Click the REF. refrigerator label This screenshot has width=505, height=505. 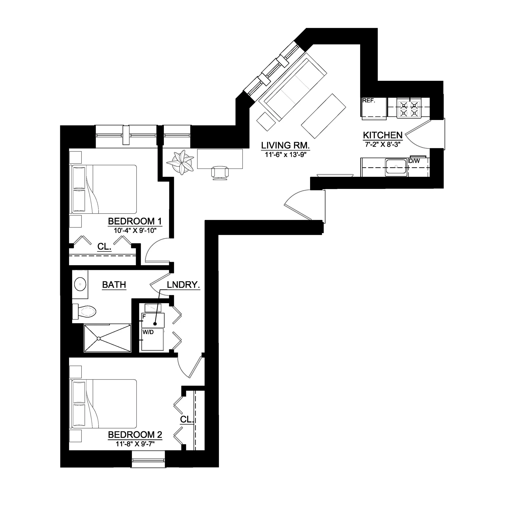point(369,101)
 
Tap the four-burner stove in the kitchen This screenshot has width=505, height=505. point(409,108)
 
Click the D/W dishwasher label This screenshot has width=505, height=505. point(414,161)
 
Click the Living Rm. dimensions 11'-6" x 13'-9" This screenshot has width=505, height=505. point(285,155)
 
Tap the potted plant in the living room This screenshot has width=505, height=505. point(180,162)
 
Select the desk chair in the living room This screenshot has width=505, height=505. point(220,173)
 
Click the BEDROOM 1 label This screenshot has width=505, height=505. point(135,221)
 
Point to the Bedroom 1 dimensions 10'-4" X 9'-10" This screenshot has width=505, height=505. point(135,230)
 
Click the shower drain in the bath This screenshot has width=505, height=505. point(99,339)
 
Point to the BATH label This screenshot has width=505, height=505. point(114,285)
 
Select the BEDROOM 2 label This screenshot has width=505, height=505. point(135,435)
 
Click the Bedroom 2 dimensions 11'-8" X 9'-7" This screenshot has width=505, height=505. point(135,444)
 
